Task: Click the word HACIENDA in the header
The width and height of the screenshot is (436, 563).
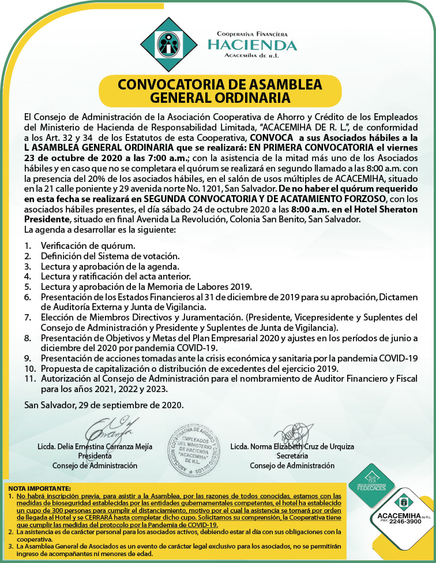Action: click(x=253, y=45)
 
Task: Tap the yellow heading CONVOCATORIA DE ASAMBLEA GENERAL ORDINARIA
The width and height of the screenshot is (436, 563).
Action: click(x=220, y=90)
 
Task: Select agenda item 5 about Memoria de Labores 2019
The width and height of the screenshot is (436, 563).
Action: click(x=146, y=287)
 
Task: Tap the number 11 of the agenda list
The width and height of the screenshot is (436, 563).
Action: click(x=30, y=379)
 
